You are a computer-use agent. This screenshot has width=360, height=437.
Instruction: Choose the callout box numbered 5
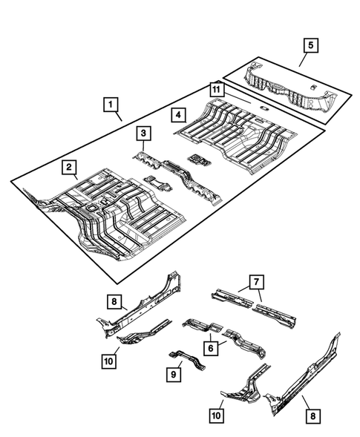click(x=312, y=45)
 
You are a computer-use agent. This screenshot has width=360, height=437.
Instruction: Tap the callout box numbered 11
click(x=215, y=89)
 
